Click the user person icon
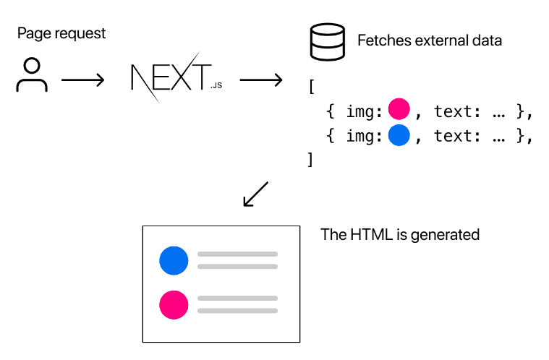(32, 76)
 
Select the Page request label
(61, 33)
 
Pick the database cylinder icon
(325, 43)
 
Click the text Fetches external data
(430, 40)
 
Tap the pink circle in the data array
(399, 110)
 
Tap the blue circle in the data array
(399, 135)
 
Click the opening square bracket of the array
(311, 86)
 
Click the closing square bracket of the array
(311, 160)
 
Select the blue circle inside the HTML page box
(174, 260)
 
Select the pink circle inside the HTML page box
(174, 304)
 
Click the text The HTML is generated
(400, 235)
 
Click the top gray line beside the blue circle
(237, 254)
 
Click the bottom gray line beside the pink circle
(237, 311)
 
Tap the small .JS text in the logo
(216, 86)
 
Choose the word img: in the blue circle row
(363, 136)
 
